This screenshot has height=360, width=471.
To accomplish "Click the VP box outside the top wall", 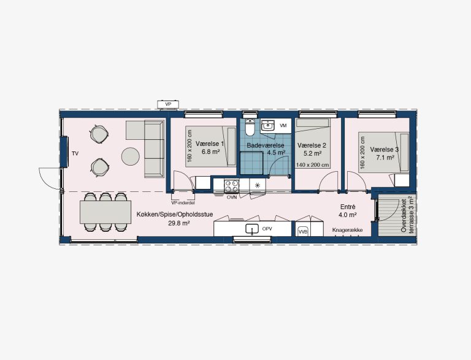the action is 169,104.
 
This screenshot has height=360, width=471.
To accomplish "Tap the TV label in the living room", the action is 75,153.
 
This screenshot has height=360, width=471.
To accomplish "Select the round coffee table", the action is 131,156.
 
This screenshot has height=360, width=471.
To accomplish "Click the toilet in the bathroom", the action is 250,128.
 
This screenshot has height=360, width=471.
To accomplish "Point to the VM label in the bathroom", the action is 283,126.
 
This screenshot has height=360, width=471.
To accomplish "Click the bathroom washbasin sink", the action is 267,126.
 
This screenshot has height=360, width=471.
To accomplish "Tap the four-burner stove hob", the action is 232,186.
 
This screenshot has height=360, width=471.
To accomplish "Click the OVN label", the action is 232,197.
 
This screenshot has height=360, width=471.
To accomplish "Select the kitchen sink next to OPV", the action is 252,229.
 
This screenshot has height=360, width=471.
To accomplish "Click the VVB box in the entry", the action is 302,232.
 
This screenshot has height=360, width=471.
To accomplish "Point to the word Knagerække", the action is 348,230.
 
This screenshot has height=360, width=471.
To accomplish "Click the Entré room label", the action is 348,207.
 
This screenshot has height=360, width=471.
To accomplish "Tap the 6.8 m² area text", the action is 211,151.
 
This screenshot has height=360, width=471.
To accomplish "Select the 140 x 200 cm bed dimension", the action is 312,165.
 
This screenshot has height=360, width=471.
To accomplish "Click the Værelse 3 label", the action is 384,150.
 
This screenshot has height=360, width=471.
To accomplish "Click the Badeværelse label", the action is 266,145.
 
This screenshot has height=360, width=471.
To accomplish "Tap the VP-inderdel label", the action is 183,203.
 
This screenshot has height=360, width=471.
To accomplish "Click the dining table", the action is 105,212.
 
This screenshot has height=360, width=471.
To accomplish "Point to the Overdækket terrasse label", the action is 407,216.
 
